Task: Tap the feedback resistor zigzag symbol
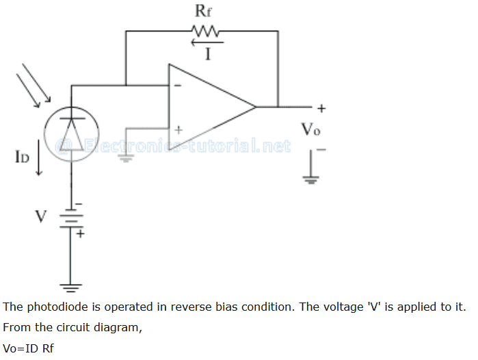click(x=204, y=31)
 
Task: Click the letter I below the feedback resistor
click(x=207, y=55)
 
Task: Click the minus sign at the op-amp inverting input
click(x=178, y=86)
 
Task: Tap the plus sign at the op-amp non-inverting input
click(x=179, y=128)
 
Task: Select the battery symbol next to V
click(x=71, y=218)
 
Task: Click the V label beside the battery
click(x=41, y=217)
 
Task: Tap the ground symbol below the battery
click(x=71, y=286)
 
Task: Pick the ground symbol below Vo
click(x=311, y=179)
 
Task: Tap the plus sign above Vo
click(x=321, y=108)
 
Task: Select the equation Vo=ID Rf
click(x=28, y=348)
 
